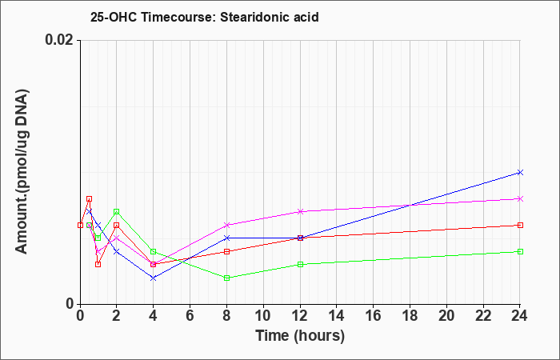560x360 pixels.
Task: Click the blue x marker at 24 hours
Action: point(520,173)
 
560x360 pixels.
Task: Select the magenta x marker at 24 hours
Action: point(520,198)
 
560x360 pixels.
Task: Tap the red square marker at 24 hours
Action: point(520,225)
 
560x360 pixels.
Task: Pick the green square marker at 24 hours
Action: point(520,251)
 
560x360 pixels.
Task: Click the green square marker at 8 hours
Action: point(226,278)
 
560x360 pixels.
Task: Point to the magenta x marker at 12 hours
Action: point(300,211)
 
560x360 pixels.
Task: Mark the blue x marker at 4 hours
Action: point(154,278)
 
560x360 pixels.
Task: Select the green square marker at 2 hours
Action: point(117,212)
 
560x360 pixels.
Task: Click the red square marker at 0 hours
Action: point(80,225)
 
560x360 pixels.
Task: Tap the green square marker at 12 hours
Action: point(300,264)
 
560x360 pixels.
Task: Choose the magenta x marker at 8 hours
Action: point(226,225)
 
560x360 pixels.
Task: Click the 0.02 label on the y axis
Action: point(59,40)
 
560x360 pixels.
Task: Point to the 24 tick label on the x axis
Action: point(520,316)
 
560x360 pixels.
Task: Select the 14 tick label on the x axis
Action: point(337,316)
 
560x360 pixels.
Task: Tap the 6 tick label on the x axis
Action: point(190,316)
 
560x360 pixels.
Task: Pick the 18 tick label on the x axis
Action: point(410,316)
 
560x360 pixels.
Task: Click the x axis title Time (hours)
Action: point(300,336)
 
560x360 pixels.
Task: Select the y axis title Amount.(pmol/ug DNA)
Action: point(22,172)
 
